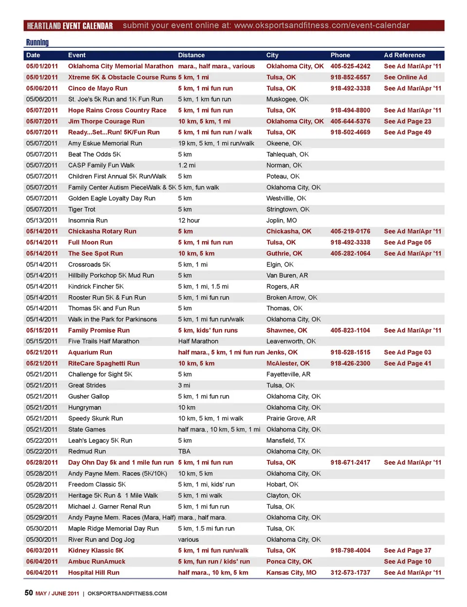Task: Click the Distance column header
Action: pos(191,56)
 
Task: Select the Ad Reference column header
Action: pos(404,56)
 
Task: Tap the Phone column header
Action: pos(340,56)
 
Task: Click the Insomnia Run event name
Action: pos(88,221)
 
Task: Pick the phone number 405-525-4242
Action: pos(350,66)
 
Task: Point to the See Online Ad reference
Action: pos(405,77)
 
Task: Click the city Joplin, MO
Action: pos(281,221)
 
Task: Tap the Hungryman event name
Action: pos(85,408)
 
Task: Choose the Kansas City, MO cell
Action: pos(291,573)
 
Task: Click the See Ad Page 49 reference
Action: pos(407,133)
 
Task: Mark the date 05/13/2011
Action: pos(42,221)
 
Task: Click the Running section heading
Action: pos(37,43)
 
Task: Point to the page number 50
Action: pos(29,593)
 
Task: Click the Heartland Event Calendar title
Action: pos(70,26)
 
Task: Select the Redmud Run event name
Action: pos(87,452)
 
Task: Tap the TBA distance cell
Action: pos(184,452)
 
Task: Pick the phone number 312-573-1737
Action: pos(350,573)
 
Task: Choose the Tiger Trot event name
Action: pos(82,209)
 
